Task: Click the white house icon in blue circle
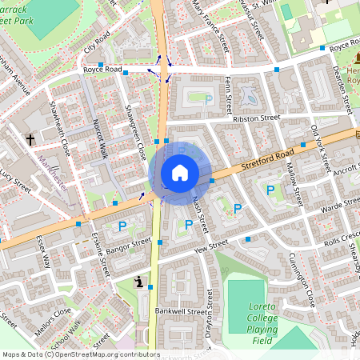179,172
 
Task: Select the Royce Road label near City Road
102,70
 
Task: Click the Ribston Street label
256,118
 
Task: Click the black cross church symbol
30,139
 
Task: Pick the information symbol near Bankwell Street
140,282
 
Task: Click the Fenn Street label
230,94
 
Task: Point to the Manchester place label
53,170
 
